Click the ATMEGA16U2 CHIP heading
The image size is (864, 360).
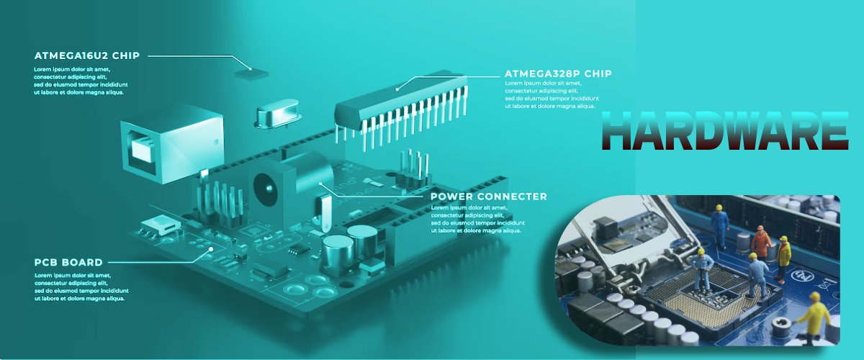click(x=87, y=55)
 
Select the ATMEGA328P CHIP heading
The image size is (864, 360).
click(x=558, y=73)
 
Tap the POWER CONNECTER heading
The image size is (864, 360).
click(x=489, y=197)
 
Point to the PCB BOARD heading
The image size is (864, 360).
click(x=68, y=262)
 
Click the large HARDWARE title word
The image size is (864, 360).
click(x=725, y=131)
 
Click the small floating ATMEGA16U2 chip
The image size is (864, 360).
click(x=251, y=73)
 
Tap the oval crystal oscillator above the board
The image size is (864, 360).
click(x=277, y=112)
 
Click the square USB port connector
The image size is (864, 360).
click(x=171, y=143)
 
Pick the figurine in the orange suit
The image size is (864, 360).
click(x=760, y=241)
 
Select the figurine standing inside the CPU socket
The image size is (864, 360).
click(x=703, y=270)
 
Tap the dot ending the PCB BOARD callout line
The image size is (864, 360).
click(x=211, y=249)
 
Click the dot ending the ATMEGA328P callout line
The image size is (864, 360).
click(x=397, y=89)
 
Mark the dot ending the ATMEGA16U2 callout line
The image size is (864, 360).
click(x=251, y=69)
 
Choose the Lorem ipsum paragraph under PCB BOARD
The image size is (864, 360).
click(x=81, y=287)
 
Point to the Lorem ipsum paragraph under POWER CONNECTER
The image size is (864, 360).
click(x=477, y=219)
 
